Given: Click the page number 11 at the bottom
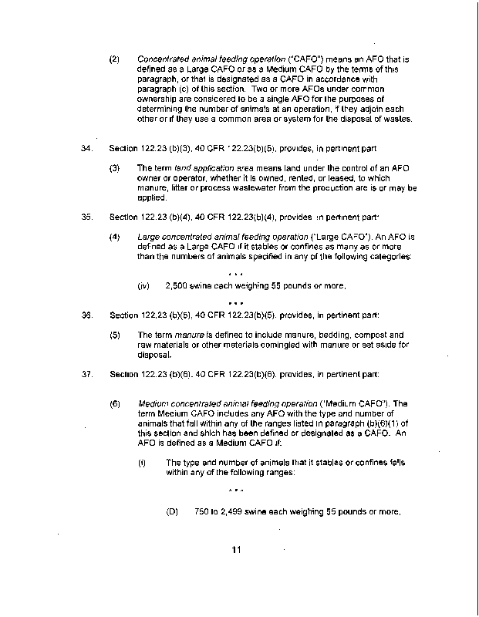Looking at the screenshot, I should coord(236,549).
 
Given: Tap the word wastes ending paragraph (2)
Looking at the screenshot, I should coord(397,119).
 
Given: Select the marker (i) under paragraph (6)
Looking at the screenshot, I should coord(142,462).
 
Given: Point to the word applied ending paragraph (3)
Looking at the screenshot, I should coord(151,197).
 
